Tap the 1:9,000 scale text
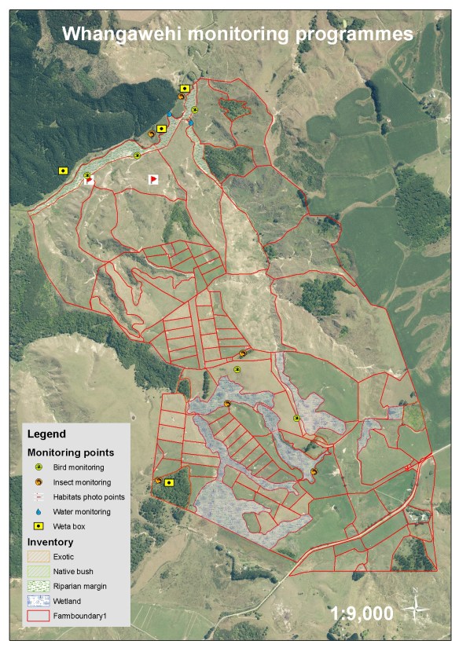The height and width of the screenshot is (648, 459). pos(362,613)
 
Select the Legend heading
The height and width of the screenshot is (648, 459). pos(46,434)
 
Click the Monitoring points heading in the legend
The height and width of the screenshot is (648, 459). pos(71,453)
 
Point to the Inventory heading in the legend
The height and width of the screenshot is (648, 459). pos(50,542)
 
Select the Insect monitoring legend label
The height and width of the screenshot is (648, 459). pos(82,482)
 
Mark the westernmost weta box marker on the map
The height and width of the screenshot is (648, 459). pos(63,170)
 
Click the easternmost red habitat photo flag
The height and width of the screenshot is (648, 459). pos(154,180)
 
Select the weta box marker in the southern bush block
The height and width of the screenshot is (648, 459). pos(168,483)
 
